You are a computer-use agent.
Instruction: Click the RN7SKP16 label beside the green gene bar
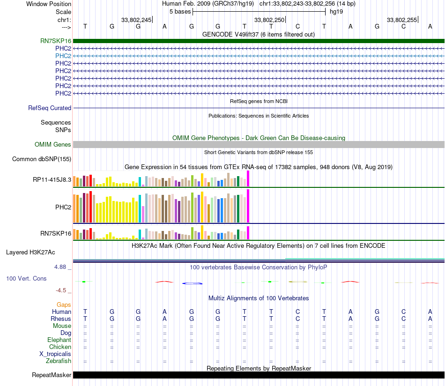click(x=56, y=41)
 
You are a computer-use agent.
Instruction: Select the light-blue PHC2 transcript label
click(x=63, y=56)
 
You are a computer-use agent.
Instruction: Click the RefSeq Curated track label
click(x=50, y=108)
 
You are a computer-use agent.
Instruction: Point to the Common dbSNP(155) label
click(x=42, y=159)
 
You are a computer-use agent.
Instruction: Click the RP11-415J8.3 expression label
click(x=52, y=179)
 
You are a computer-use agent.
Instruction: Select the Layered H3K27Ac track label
click(x=30, y=252)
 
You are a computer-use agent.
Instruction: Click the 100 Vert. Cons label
click(x=26, y=279)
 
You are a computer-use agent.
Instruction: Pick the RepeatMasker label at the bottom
click(x=52, y=375)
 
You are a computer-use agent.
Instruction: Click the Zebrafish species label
click(x=59, y=361)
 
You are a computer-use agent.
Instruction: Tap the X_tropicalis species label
click(x=55, y=354)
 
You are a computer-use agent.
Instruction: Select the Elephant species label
click(x=59, y=340)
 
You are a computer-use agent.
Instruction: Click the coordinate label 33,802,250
click(x=269, y=20)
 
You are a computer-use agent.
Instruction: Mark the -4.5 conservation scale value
click(x=63, y=290)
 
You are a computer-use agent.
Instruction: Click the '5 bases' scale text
click(x=180, y=11)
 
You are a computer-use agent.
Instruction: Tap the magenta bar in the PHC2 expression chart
click(x=248, y=206)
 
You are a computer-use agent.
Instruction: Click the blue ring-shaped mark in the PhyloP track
click(x=192, y=283)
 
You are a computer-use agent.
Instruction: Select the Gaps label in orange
click(x=64, y=305)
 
